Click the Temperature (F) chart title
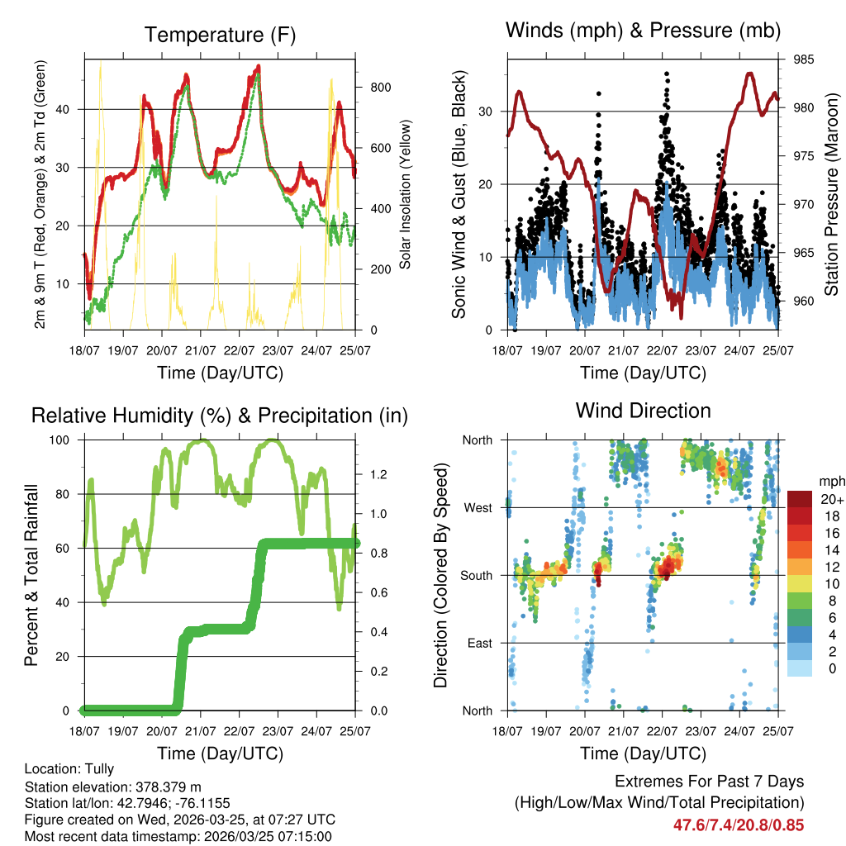[x=220, y=35]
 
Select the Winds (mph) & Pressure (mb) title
[x=643, y=31]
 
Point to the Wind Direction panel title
[x=643, y=411]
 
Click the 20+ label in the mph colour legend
[x=829, y=499]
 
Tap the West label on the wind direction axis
[x=478, y=507]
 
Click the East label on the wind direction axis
[x=479, y=643]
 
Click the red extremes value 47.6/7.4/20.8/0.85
[x=738, y=825]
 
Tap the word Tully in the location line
[x=98, y=769]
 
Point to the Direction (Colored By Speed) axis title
[x=440, y=575]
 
